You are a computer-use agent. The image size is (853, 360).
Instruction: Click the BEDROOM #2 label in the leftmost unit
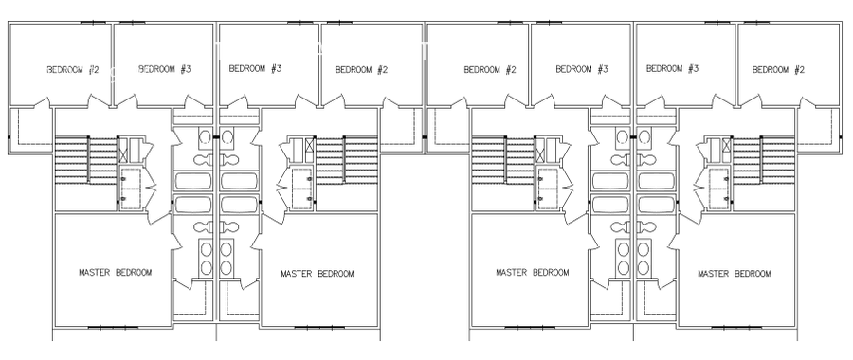73,69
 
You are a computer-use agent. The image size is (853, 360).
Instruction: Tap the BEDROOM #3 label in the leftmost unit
165,69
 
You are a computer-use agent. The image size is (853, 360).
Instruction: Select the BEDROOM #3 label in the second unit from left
255,68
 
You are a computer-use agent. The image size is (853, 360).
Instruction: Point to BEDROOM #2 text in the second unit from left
361,69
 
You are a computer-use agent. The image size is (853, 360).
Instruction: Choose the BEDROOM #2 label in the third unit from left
490,69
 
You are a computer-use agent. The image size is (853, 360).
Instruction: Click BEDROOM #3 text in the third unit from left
582,69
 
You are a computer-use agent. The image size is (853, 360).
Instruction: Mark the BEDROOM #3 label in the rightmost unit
672,68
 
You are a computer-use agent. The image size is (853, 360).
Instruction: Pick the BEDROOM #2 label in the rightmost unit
778,69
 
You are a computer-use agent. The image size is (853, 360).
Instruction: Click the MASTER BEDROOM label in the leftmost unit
116,272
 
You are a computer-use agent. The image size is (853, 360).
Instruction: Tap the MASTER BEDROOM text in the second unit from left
318,274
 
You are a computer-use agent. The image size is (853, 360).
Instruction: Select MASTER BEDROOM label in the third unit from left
533,272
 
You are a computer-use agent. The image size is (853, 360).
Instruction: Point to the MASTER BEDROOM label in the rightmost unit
735,274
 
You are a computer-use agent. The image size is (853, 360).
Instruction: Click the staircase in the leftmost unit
86,161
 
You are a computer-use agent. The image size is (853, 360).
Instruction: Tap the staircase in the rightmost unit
764,161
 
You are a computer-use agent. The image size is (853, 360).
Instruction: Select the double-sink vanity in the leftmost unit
207,258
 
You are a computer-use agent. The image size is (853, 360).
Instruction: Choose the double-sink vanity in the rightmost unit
644,258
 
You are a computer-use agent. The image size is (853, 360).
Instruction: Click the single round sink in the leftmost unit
206,136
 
